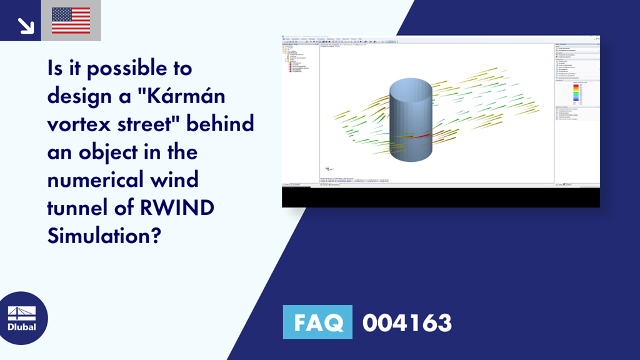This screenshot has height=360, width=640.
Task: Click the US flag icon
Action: (x=71, y=20)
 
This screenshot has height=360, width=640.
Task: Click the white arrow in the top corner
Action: (x=25, y=24)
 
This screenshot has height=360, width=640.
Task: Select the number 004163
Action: (x=406, y=323)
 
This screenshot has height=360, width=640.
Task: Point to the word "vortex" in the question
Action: (x=78, y=124)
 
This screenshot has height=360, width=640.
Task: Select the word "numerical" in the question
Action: (x=99, y=180)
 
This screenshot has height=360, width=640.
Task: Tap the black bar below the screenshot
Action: (x=441, y=197)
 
